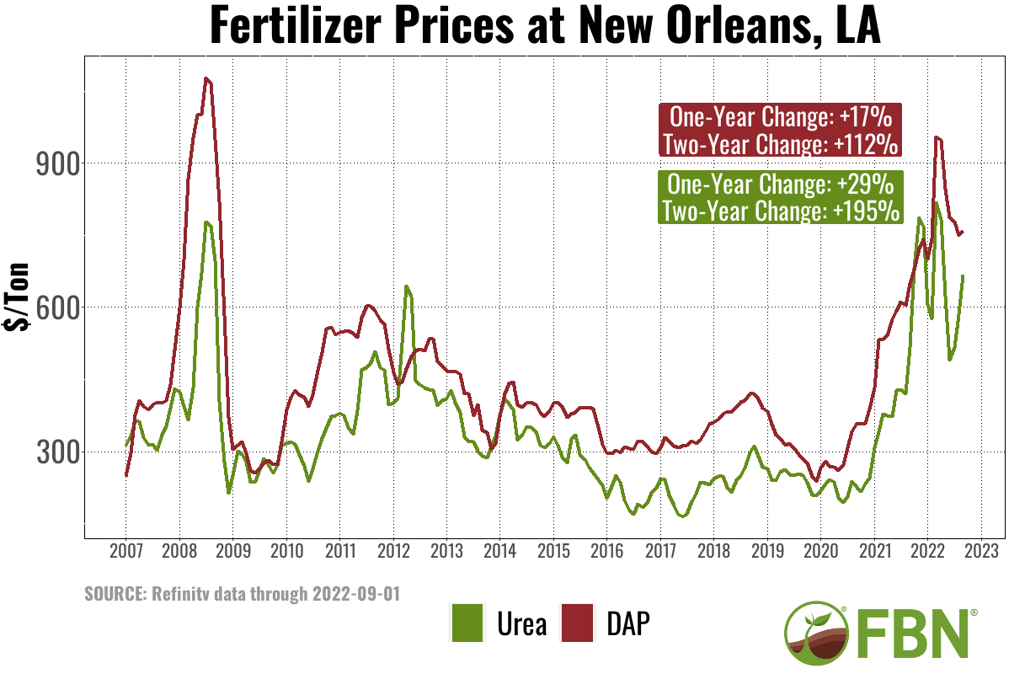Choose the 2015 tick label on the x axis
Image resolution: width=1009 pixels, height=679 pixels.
pos(553,552)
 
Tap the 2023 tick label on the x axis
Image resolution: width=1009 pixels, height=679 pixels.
pos(980,552)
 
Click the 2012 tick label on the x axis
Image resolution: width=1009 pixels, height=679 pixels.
pos(393,552)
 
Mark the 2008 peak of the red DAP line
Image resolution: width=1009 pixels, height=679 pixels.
pos(206,78)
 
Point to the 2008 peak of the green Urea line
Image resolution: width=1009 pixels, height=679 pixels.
pos(206,222)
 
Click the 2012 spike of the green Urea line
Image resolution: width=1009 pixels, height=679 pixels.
pos(406,287)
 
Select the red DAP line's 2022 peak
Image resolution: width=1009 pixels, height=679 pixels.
pos(937,138)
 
